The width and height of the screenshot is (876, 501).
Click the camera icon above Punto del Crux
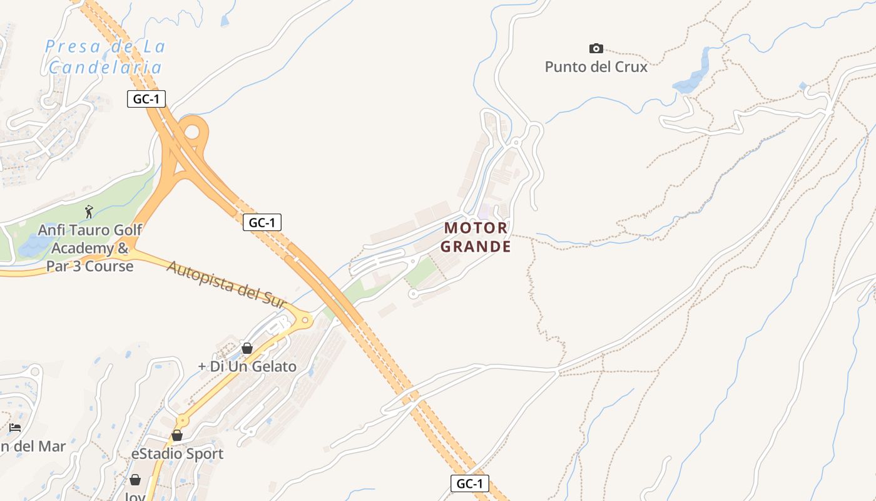coord(596,48)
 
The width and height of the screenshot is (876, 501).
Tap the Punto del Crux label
coord(596,66)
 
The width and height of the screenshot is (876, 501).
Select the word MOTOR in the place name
coord(476,227)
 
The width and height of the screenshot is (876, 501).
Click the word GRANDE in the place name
coord(476,246)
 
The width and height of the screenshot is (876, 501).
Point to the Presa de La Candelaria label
coord(105,56)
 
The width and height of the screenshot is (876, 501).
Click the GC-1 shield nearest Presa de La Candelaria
coord(146,99)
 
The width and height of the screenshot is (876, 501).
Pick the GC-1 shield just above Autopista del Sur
coord(262,222)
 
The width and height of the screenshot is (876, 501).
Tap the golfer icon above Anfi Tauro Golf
coord(89,212)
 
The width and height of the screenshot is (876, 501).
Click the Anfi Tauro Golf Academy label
coord(90,248)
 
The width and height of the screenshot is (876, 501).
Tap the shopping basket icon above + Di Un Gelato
coord(247,348)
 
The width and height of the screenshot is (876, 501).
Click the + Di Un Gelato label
coord(247,366)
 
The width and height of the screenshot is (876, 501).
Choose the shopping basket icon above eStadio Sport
coord(177,435)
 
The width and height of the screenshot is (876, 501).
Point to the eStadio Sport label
coord(177,453)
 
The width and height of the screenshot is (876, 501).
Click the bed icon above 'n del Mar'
coord(16,427)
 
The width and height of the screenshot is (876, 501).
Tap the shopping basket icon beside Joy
coord(135,480)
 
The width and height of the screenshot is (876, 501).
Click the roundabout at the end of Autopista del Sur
coord(305,319)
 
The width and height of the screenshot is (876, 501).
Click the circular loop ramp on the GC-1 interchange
coord(192,132)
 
